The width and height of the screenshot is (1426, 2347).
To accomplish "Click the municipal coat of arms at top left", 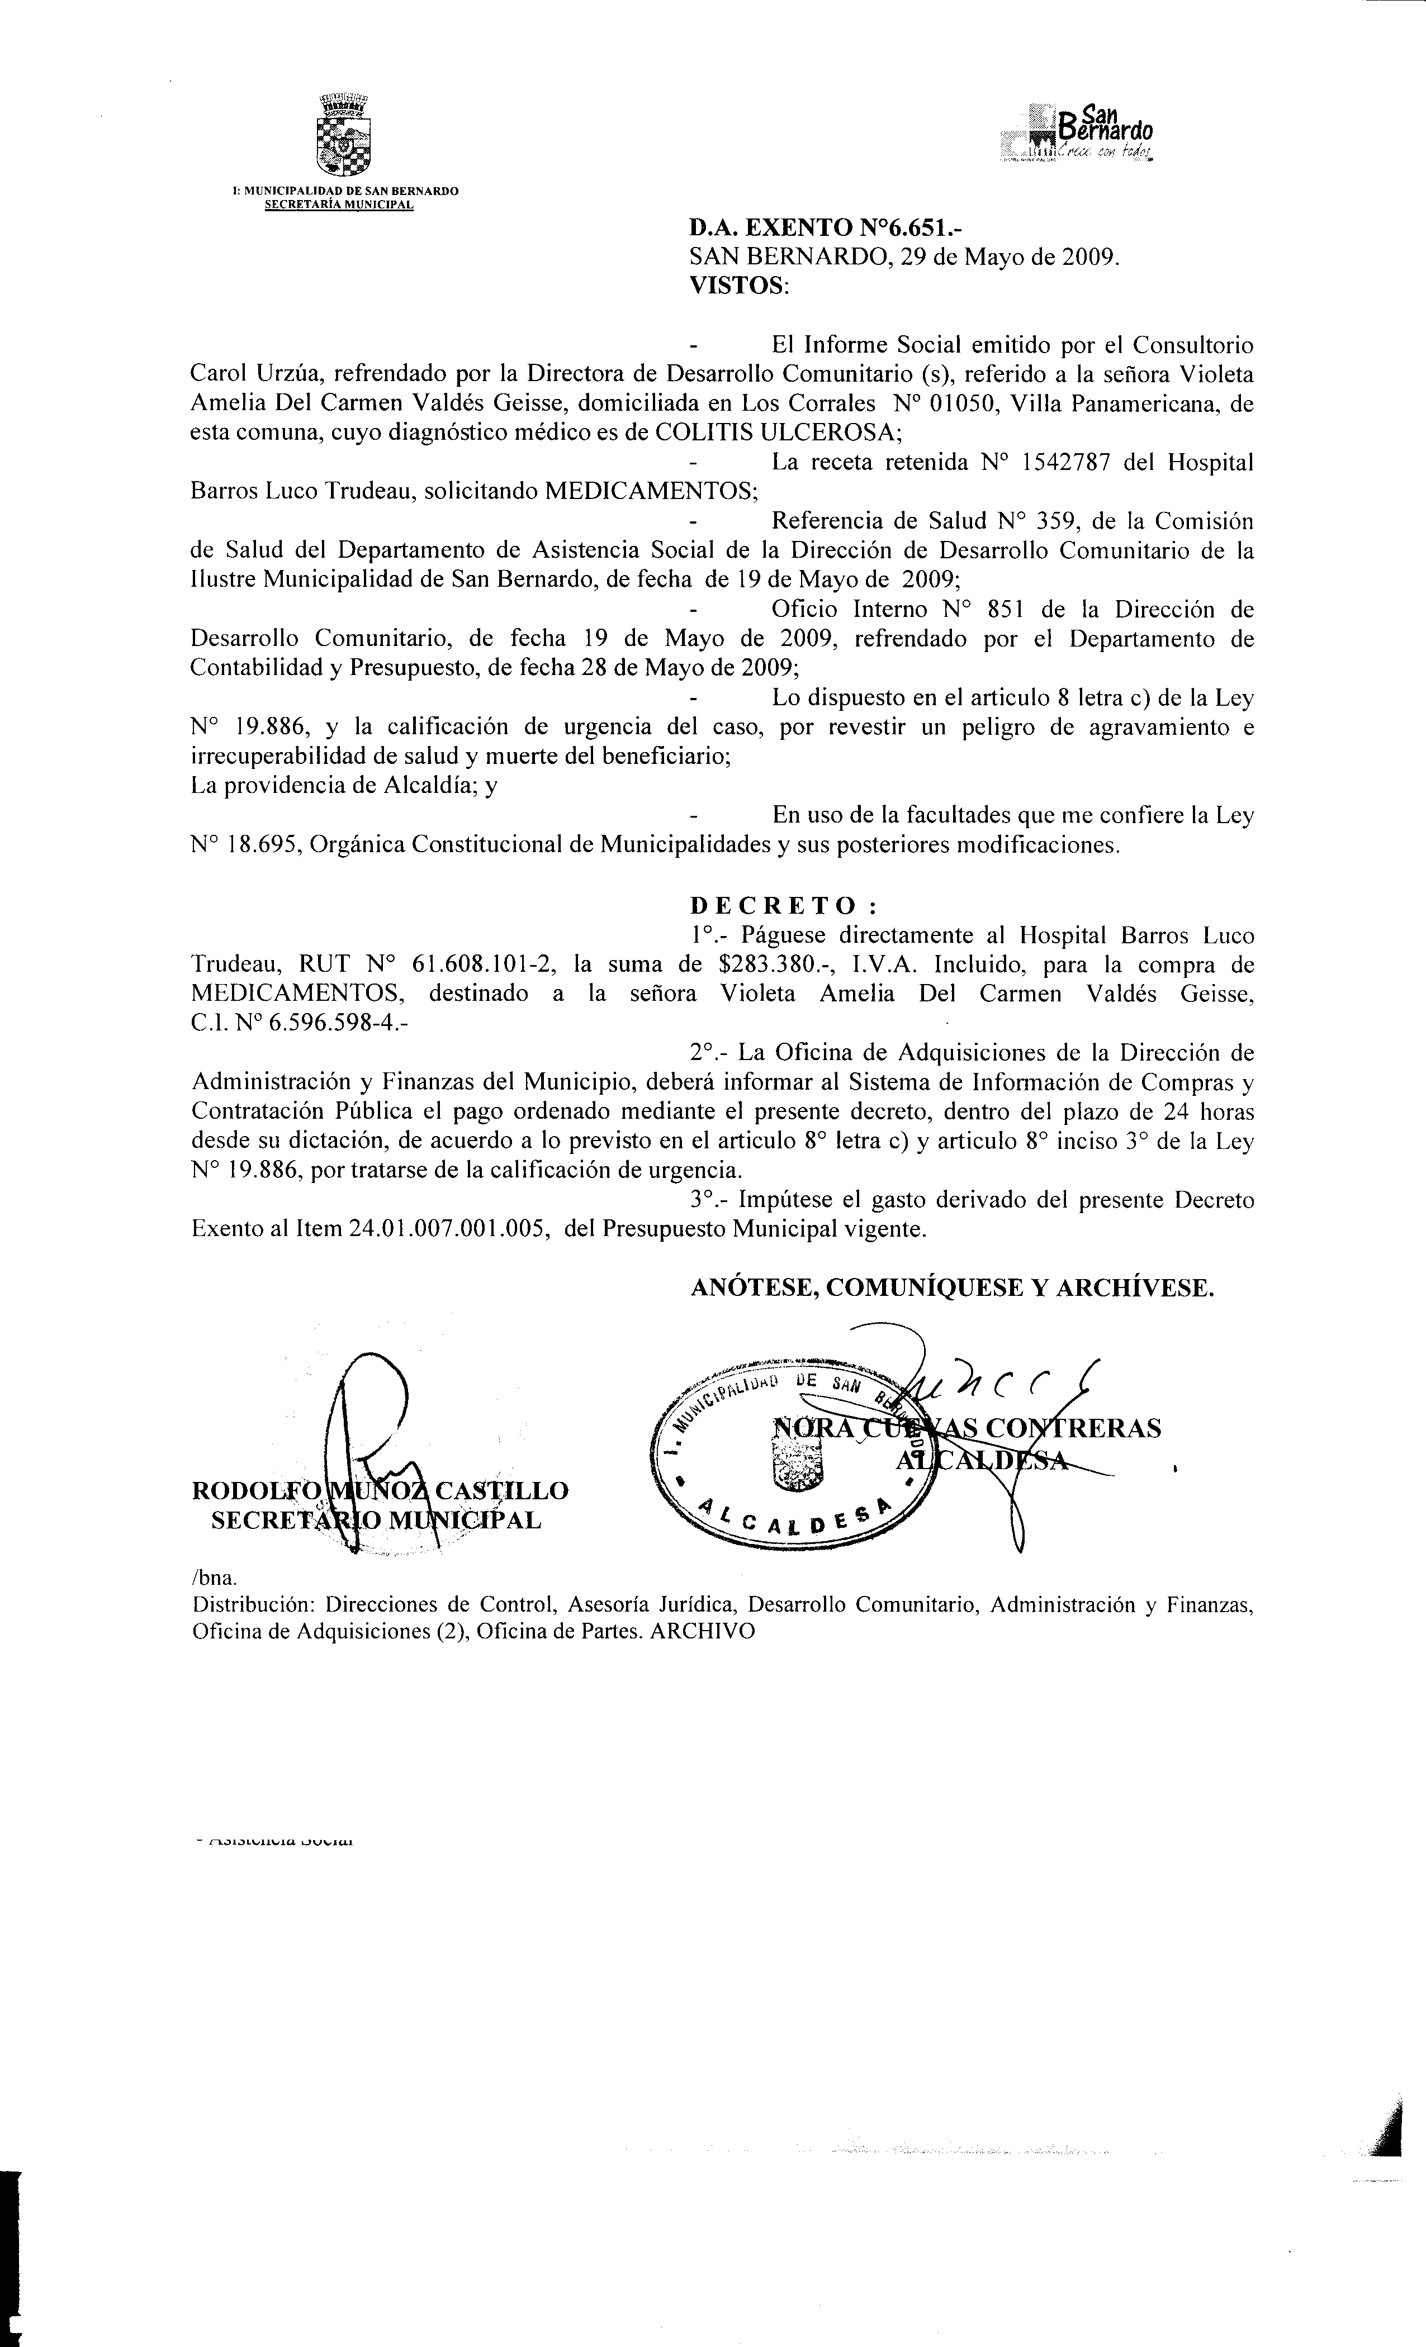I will pos(342,136).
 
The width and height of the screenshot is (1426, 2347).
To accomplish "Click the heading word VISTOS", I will pos(738,286).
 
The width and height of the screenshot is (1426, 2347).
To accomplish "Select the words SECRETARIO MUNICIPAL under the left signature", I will pos(376,1520).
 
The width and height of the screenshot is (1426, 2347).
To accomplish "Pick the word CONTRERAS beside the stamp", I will pos(1073,1429).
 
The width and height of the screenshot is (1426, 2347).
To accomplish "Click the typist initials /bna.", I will pos(207,1578).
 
